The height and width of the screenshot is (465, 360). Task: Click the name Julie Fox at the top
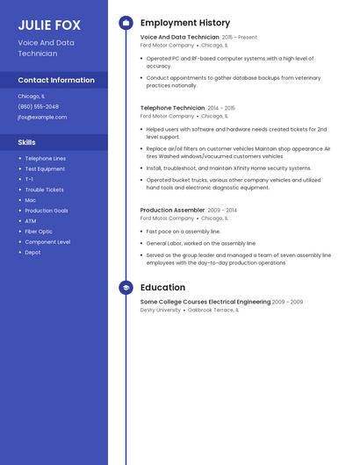(x=49, y=25)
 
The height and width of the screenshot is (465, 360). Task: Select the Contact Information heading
(x=56, y=80)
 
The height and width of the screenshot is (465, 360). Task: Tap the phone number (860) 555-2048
(x=39, y=106)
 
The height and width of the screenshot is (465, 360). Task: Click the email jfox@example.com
(x=42, y=117)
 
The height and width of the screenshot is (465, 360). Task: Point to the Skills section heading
(x=27, y=141)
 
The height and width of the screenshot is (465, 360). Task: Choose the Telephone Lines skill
(x=46, y=158)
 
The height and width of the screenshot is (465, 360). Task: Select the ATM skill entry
(x=31, y=221)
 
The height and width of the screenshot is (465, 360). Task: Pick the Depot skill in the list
(x=33, y=253)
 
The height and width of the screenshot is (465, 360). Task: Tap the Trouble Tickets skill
(x=45, y=190)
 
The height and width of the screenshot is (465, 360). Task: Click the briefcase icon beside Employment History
(x=126, y=23)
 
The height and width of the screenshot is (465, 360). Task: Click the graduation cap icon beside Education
(x=126, y=287)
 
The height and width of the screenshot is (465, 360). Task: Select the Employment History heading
(x=185, y=23)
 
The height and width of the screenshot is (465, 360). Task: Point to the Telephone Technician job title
(x=172, y=107)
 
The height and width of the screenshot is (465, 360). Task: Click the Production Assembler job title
(x=173, y=211)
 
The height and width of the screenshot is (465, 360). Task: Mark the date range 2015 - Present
(x=240, y=38)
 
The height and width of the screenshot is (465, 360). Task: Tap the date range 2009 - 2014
(x=222, y=211)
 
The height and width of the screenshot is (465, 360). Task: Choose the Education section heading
(x=162, y=287)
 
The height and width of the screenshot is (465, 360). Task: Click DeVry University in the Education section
(x=161, y=310)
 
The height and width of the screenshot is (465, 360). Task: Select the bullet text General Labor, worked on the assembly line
(x=201, y=243)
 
